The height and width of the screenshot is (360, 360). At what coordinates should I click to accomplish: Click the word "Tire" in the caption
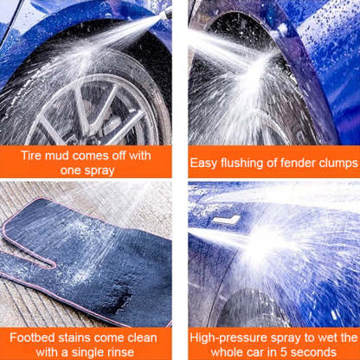(x=31, y=156)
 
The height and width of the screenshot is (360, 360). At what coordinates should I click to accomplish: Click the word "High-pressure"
(x=228, y=338)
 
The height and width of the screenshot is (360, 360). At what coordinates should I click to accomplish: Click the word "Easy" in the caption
(x=203, y=164)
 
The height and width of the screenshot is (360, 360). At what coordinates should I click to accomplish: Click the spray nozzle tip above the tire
(x=167, y=13)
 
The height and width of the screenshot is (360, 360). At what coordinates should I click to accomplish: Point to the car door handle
(x=227, y=220)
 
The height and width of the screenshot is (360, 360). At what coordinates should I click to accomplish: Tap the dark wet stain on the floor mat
(x=119, y=301)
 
